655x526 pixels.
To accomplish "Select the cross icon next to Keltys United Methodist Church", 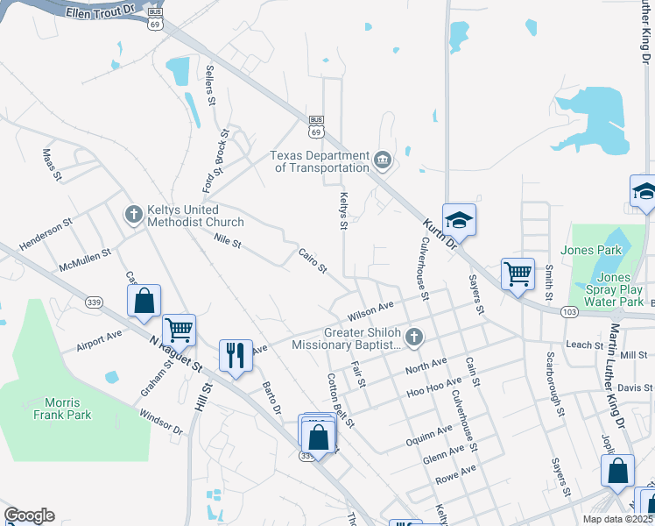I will coord(134,214).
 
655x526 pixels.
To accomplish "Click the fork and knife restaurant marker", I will coord(235,355).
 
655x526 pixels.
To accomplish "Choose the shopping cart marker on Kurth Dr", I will coord(518,274).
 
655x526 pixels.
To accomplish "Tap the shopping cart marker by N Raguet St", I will coord(179,330).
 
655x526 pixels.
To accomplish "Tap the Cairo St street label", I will coord(313,259).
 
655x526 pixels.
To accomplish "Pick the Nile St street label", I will coord(227,238).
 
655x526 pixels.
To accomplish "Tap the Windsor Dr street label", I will coord(160,425).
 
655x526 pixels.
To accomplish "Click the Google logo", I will coord(29,515).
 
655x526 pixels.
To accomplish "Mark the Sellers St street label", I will coord(210,85).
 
